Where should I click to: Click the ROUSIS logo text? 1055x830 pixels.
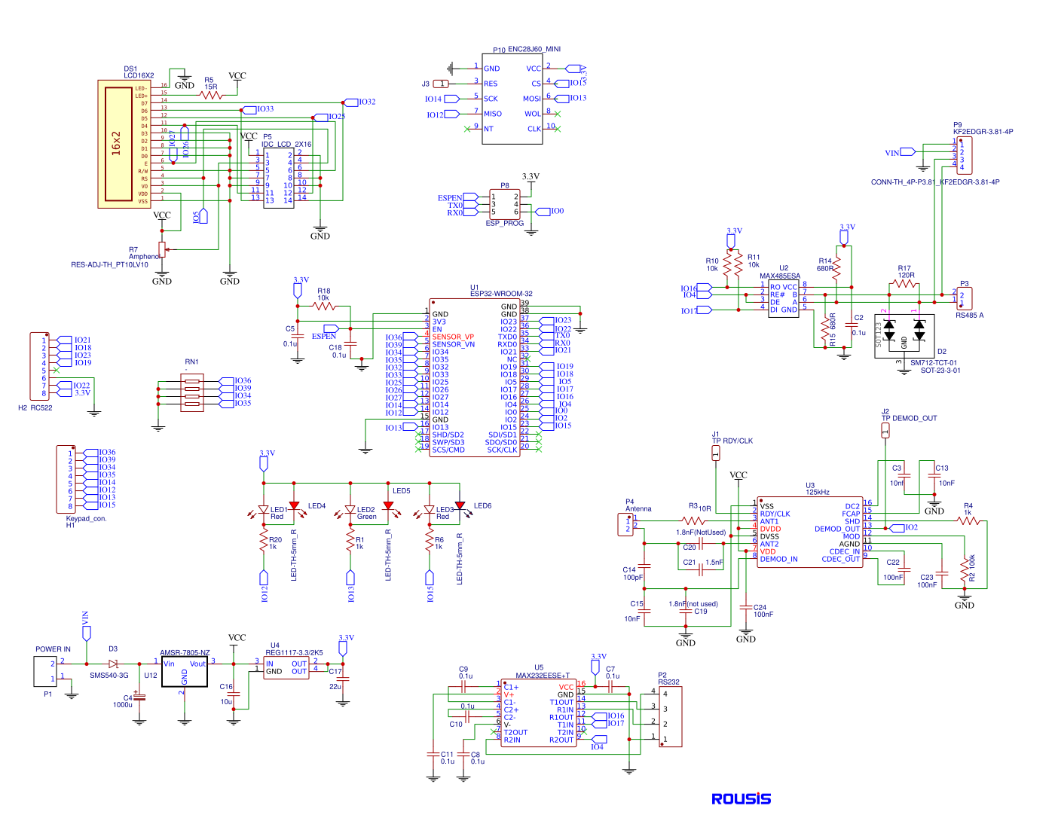[741, 799]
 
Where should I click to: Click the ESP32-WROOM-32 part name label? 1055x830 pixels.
[501, 294]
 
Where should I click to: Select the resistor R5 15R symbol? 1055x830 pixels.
[211, 96]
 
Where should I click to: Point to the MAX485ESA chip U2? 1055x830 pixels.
[783, 298]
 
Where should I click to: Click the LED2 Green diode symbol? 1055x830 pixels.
[350, 511]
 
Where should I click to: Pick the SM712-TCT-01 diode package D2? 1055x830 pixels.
[904, 336]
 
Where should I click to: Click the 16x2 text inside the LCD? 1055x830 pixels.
[117, 143]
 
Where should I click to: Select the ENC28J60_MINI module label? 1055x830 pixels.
[534, 49]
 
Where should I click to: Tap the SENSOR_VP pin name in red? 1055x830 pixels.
[453, 337]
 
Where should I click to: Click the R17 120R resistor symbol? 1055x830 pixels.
[904, 284]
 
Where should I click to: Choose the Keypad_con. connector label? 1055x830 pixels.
[86, 518]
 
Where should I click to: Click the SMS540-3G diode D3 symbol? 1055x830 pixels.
[114, 664]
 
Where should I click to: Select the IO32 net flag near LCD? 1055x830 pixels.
[351, 102]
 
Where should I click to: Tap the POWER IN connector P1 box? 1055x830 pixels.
[45, 671]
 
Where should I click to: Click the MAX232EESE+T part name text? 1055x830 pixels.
[543, 676]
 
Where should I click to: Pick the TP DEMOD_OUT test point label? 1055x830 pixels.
[909, 418]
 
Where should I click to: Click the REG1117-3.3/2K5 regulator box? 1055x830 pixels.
[286, 668]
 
